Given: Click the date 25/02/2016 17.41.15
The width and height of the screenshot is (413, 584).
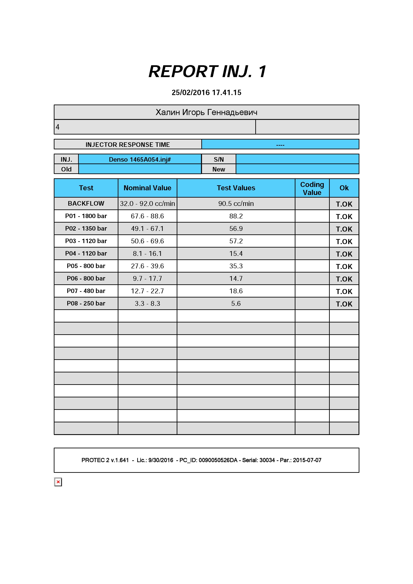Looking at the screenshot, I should click(206, 93).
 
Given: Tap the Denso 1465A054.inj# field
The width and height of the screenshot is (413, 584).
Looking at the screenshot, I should click(140, 159).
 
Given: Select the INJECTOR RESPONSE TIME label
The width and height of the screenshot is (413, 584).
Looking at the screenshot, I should click(128, 145).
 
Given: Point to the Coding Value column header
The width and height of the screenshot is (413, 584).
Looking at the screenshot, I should click(312, 188).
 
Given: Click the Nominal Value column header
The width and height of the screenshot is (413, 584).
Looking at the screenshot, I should click(147, 188).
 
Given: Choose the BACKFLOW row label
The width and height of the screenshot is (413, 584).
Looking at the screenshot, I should click(86, 203).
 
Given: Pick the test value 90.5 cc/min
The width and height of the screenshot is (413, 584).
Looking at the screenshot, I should click(236, 203).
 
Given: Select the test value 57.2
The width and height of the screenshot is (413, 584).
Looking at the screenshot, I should click(236, 241).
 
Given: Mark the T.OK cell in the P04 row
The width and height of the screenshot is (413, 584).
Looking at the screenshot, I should click(344, 254).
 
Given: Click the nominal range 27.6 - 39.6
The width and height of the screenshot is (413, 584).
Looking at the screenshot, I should click(147, 266).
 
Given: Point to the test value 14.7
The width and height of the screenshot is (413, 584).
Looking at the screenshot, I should click(236, 279).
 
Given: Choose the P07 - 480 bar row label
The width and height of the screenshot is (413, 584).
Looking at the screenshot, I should click(86, 291).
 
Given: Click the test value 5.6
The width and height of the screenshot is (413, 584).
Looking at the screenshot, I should click(236, 303).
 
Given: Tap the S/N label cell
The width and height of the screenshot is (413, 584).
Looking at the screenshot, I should click(219, 159).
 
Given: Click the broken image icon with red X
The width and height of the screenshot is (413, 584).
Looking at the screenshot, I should click(58, 482).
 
